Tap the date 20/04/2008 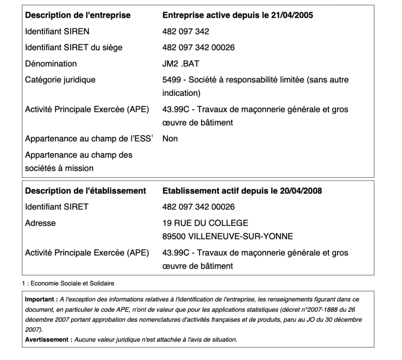301,191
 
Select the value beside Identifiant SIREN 186,31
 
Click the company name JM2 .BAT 178,64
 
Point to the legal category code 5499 171,80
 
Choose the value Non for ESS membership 170,139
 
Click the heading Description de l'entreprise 78,15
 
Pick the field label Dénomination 51,64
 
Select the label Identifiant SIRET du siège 74,48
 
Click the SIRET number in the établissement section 198,207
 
